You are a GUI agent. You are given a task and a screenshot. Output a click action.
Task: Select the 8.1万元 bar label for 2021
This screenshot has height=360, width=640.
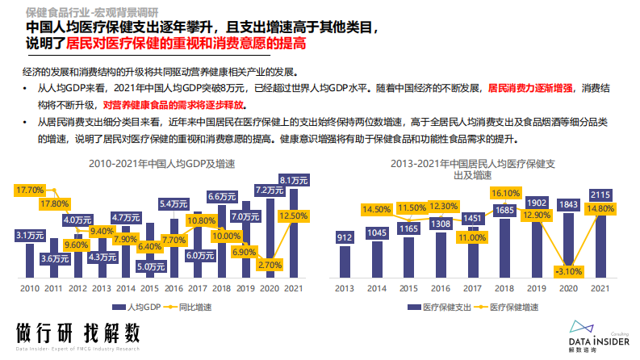(x=293, y=179)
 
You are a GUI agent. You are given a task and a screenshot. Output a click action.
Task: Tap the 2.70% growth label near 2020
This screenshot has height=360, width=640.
(x=270, y=264)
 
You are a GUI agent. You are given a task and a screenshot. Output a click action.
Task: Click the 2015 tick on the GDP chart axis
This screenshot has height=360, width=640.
(x=148, y=288)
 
